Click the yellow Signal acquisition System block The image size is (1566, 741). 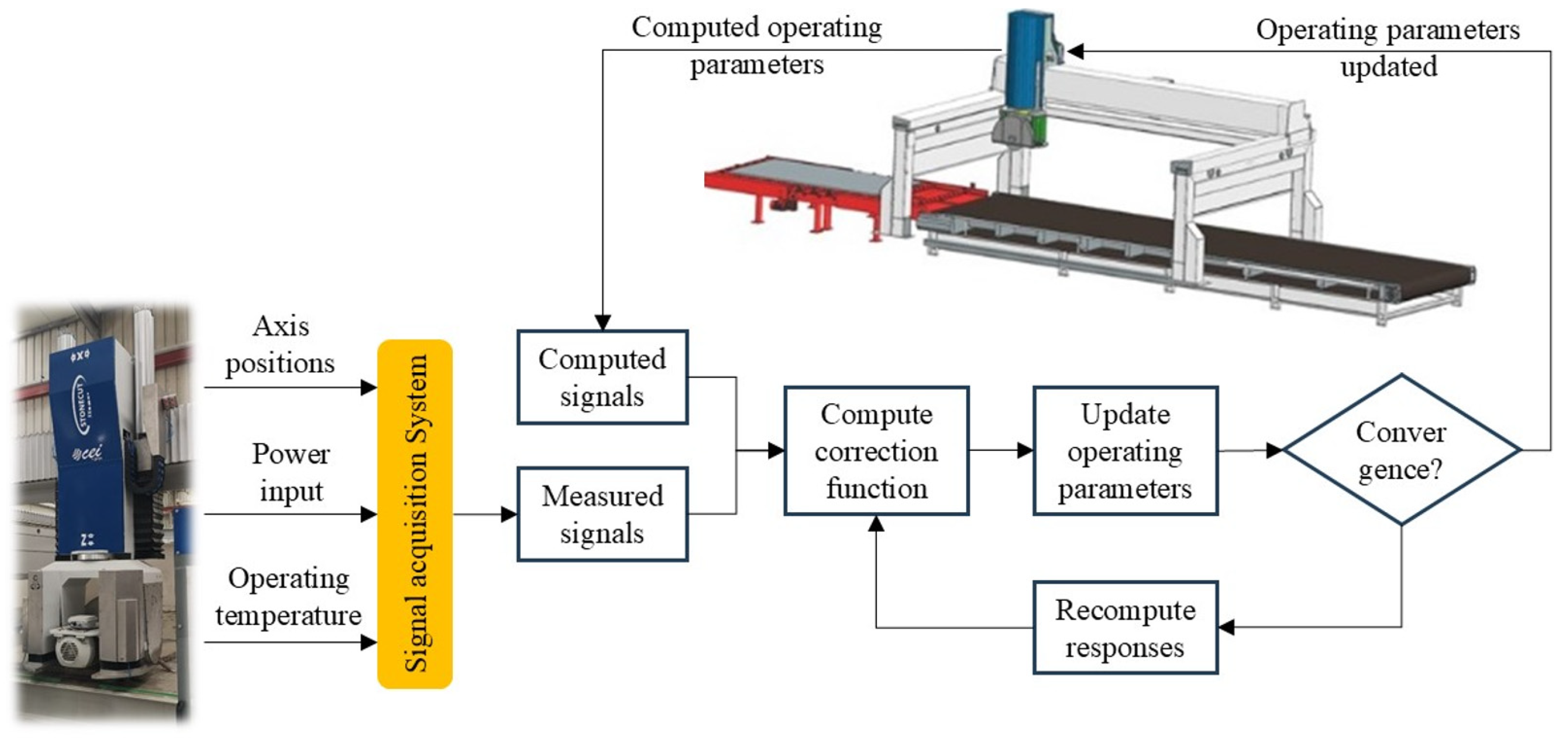pyautogui.click(x=415, y=514)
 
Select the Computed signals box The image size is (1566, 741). pyautogui.click(x=603, y=377)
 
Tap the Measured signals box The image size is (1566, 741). pyautogui.click(x=603, y=514)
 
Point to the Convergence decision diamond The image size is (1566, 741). pyautogui.click(x=1401, y=450)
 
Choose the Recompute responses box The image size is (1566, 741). pyautogui.click(x=1125, y=627)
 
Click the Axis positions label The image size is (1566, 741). pyautogui.click(x=280, y=345)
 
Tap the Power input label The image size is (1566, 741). pyautogui.click(x=291, y=472)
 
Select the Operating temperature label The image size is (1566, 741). pyautogui.click(x=288, y=597)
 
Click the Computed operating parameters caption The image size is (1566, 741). pyautogui.click(x=757, y=46)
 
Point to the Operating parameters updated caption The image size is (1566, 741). pyautogui.click(x=1389, y=48)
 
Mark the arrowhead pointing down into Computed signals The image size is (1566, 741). pyautogui.click(x=603, y=322)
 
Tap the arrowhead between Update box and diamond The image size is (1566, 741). pyautogui.click(x=1274, y=451)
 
